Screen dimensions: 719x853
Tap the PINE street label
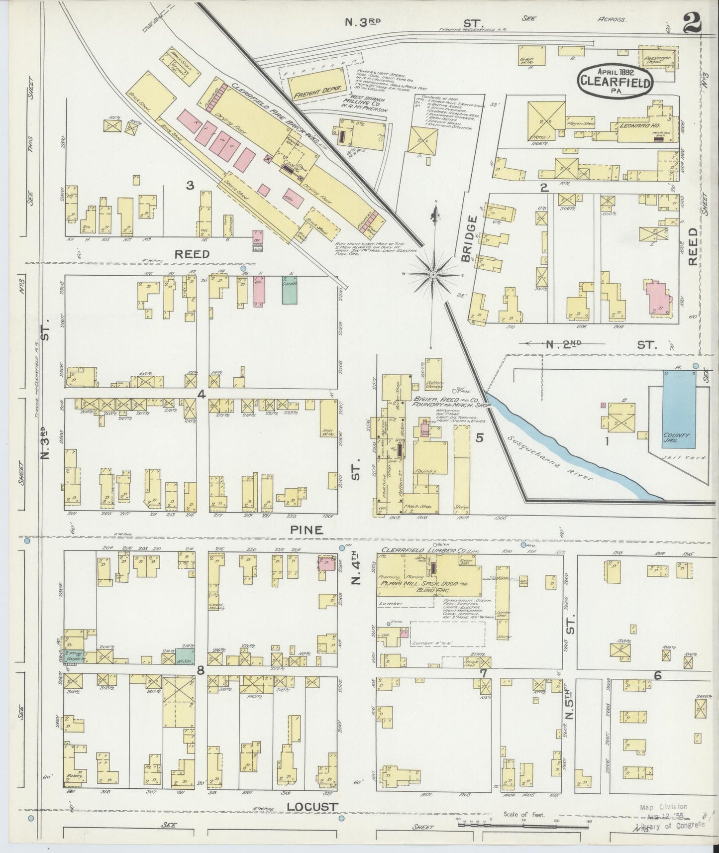pos(308,530)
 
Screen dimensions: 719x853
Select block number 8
pos(201,671)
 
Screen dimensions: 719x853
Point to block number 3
pos(190,186)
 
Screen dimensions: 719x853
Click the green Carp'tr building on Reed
pos(289,290)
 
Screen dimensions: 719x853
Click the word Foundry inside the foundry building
pos(426,471)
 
